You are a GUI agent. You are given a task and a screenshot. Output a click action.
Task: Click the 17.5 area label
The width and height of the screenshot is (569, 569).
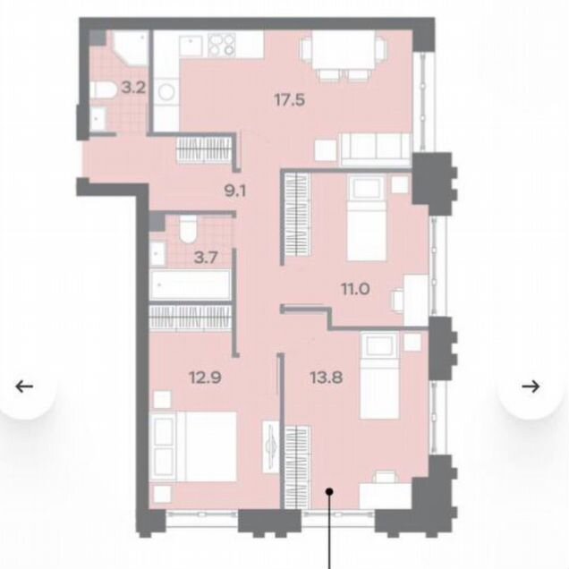[289, 100]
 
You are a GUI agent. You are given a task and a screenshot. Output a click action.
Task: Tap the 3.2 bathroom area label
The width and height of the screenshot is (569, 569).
[133, 88]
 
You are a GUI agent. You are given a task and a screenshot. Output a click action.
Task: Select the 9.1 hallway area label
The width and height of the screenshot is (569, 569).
[235, 191]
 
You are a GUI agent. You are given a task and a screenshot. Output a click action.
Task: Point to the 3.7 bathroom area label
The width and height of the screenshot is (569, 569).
[206, 258]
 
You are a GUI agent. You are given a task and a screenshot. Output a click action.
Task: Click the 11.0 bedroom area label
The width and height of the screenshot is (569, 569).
[355, 289]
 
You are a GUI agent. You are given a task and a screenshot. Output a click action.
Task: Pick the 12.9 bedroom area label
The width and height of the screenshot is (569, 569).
[205, 378]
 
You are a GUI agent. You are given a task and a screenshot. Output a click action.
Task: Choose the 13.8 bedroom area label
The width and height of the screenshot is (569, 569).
[327, 378]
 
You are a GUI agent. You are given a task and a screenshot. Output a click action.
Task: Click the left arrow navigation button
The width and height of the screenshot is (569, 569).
[25, 386]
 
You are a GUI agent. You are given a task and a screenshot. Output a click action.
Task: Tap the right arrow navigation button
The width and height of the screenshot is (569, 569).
[531, 386]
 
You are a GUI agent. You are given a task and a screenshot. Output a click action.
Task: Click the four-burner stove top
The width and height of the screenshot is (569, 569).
[221, 44]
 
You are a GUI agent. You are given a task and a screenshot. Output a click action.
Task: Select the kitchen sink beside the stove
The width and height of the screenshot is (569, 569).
[191, 46]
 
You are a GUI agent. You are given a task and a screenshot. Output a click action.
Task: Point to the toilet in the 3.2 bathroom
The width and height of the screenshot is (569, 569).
[103, 89]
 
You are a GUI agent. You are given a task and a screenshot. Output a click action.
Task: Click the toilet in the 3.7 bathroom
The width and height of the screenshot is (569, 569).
[188, 229]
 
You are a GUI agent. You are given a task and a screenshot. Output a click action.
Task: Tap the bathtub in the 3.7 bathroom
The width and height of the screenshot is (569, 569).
[191, 284]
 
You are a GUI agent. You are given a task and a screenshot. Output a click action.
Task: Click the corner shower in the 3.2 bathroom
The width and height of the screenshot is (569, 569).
[131, 48]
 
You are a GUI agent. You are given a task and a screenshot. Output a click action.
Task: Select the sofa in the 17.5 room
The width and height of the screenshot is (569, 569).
[376, 149]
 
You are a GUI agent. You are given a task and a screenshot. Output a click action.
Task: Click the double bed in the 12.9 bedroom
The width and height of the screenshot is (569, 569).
[193, 446]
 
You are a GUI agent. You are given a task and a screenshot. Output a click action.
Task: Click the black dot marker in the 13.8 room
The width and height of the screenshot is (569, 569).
[329, 492]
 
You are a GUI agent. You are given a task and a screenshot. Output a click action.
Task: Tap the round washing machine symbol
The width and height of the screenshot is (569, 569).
[166, 92]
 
